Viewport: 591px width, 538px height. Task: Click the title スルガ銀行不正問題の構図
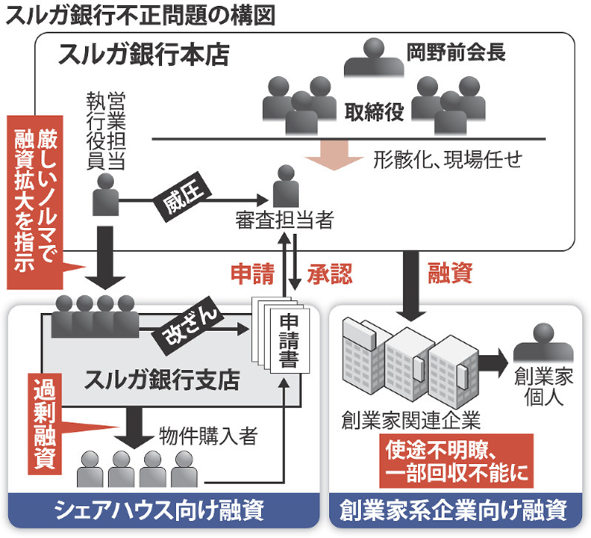[x=141, y=16]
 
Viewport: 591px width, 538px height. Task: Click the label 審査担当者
[x=282, y=220]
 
